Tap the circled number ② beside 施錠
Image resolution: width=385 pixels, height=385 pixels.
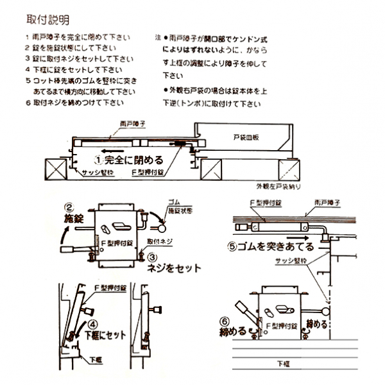[68, 208]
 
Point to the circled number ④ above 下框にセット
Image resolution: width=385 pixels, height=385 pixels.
[93, 324]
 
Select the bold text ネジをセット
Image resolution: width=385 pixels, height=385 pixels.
[175, 268]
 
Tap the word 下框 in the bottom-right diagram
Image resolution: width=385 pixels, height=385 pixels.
[283, 364]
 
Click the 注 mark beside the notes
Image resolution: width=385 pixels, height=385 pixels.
[157, 38]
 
